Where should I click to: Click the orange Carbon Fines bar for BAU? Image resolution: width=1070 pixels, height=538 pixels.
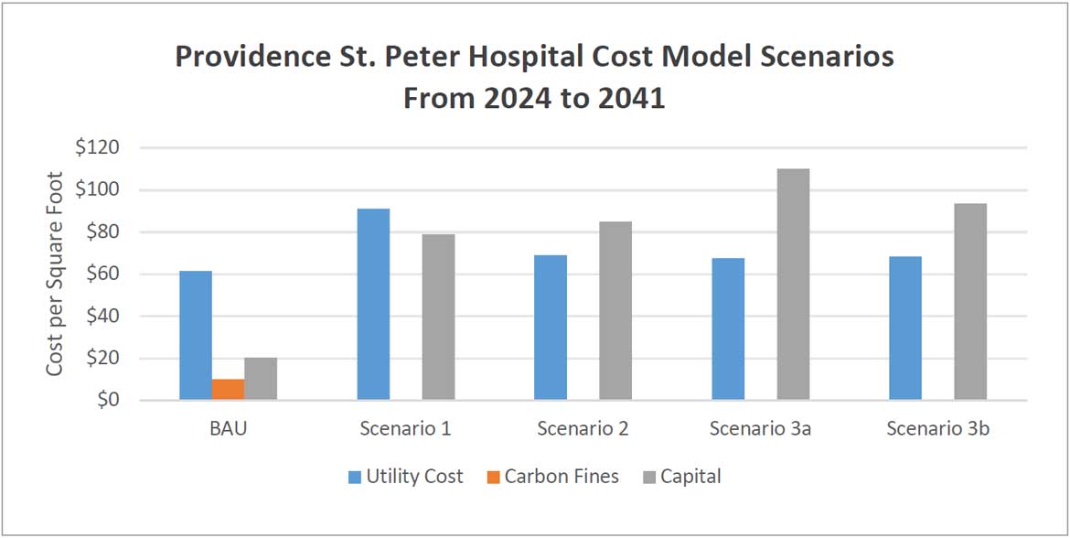pos(228,389)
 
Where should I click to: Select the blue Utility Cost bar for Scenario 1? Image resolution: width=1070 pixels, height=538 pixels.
pos(373,304)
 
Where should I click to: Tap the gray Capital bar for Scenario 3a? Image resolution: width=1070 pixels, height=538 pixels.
pos(793,285)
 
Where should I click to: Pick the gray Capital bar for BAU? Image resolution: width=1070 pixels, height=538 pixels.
pos(261,379)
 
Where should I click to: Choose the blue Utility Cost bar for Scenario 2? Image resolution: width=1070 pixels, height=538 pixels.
pos(551,328)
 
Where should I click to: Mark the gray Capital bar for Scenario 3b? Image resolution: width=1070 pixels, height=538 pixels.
pos(970,301)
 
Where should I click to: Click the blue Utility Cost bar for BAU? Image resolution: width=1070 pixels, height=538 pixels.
pos(196,335)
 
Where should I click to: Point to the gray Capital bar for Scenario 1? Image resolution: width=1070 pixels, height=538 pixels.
pos(438,317)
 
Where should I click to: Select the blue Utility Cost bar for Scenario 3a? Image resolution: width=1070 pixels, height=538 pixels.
pos(728,328)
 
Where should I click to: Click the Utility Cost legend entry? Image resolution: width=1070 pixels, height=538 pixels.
pos(405,477)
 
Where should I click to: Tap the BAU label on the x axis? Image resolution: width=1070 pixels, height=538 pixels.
pos(228,428)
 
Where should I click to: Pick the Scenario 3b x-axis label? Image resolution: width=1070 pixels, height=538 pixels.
pos(937,428)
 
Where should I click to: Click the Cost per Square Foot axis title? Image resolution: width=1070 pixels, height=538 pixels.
pos(56,274)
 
